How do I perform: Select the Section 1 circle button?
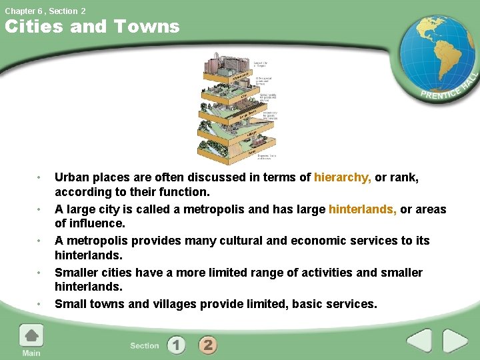pos(176,345)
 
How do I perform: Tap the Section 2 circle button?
pos(208,345)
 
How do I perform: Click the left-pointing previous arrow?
pos(419,341)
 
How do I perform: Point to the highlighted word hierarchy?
pos(343,177)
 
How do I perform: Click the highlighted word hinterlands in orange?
pos(362,209)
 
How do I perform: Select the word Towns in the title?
pos(147,27)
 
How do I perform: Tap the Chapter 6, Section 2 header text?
pos(45,11)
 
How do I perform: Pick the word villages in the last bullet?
pos(185,304)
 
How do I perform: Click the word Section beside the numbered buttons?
pos(145,345)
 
